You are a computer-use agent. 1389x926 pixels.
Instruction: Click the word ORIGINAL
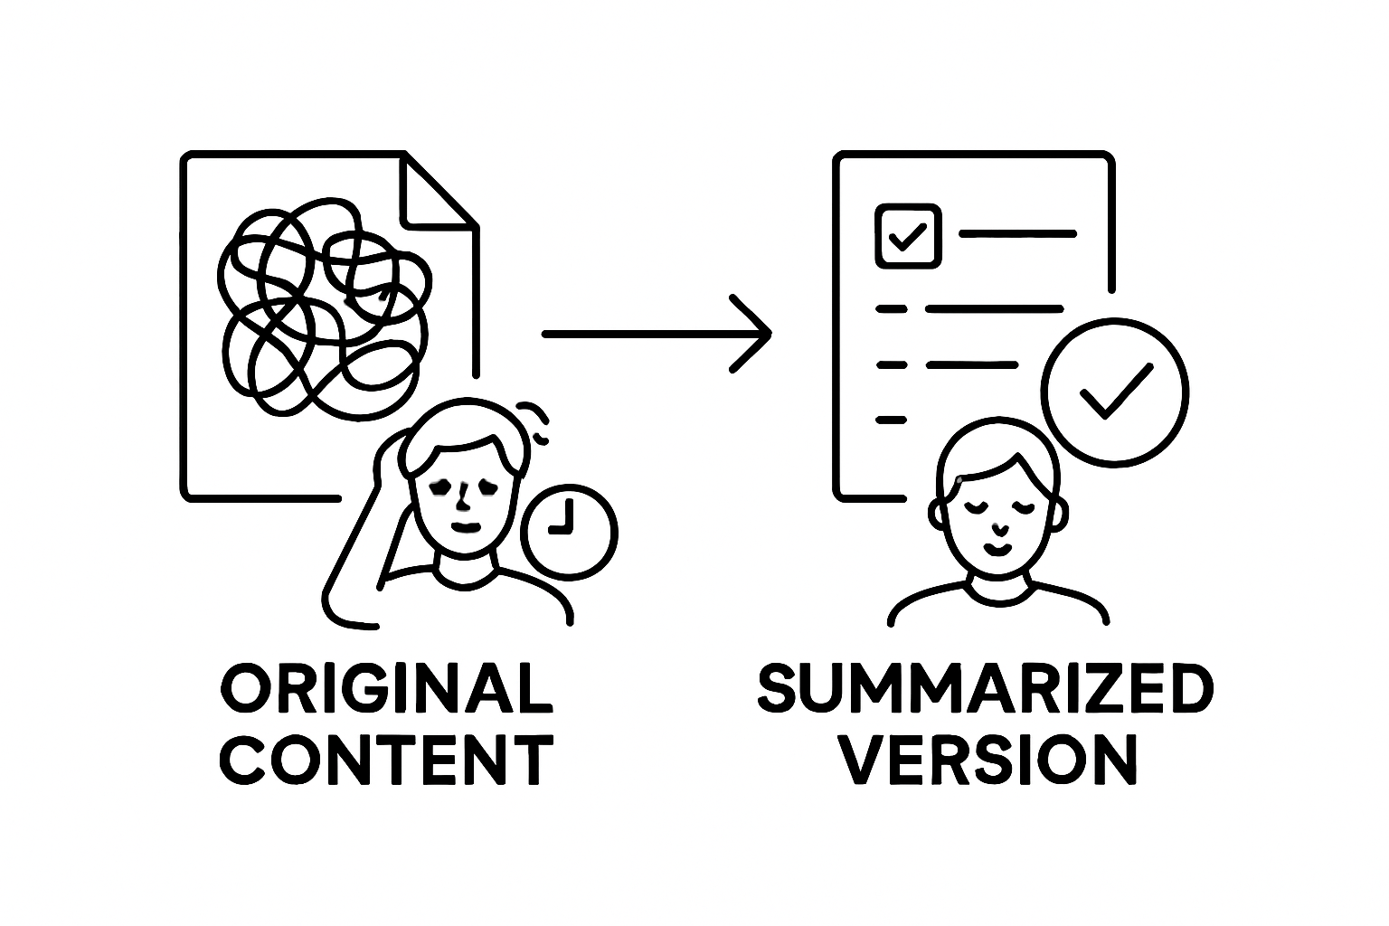point(386,690)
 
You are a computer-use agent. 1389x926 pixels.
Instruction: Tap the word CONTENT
point(388,759)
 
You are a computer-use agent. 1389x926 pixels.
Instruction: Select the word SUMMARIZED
point(984,690)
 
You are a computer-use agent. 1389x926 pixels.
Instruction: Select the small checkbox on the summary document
point(908,235)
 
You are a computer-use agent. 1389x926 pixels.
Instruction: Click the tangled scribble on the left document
point(321,312)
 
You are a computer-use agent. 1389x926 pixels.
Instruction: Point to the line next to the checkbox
point(1016,234)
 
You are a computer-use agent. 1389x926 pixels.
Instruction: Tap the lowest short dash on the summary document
point(891,420)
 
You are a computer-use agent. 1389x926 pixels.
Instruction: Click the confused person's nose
point(464,498)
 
